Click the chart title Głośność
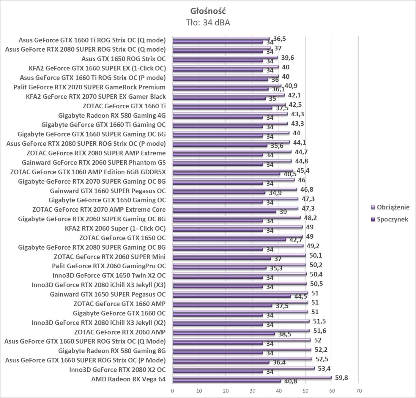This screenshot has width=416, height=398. coord(208,11)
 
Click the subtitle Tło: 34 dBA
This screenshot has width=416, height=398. coord(208,23)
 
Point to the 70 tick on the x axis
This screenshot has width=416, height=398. coord(359,391)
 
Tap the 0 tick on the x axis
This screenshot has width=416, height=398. coord(173,391)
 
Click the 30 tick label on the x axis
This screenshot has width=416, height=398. coord(252,391)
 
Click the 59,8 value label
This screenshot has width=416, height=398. coord(341,378)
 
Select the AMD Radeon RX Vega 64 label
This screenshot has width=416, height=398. coord(128,379)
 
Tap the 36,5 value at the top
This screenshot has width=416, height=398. coord(280,39)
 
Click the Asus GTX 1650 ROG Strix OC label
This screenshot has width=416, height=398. coord(124,59)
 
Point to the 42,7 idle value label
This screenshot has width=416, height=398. coord(296,240)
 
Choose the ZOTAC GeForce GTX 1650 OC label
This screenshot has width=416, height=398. coord(122,238)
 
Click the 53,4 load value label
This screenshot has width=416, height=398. coord(324,368)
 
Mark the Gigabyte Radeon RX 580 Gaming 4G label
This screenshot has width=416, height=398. coord(112,115)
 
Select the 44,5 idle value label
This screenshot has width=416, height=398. coord(301,296)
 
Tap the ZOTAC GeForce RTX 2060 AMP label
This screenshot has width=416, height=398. coord(120,332)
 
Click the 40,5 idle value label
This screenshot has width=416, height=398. coord(290,174)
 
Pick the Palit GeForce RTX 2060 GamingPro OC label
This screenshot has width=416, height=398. coord(109,266)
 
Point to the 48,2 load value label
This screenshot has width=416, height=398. coord(311,218)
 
